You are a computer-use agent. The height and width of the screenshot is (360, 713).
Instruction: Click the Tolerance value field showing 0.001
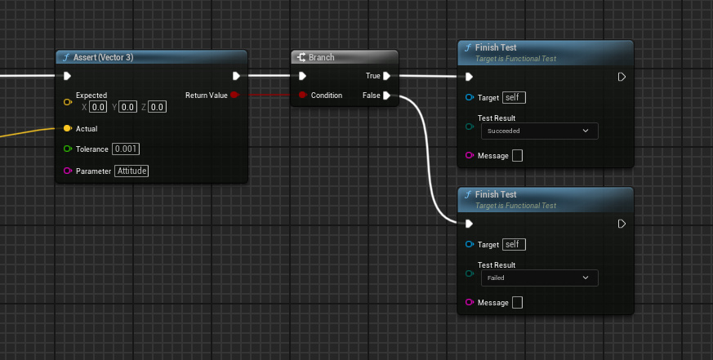click(127, 149)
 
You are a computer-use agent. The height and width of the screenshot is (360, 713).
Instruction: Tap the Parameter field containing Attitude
click(131, 171)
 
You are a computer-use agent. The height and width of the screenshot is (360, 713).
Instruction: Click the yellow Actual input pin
click(67, 128)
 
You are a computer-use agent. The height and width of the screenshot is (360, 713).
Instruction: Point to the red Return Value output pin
click(234, 96)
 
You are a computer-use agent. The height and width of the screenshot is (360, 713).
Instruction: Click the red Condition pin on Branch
click(302, 96)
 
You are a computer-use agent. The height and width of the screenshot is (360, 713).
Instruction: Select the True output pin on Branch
click(386, 76)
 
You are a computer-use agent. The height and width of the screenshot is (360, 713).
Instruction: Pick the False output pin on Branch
click(386, 96)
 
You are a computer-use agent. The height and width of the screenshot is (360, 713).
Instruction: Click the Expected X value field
click(98, 107)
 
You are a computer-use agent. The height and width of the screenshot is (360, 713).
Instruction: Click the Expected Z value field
click(158, 107)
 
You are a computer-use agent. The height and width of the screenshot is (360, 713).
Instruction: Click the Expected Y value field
click(128, 107)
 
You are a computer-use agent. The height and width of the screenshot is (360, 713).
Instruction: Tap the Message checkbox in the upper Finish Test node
click(516, 156)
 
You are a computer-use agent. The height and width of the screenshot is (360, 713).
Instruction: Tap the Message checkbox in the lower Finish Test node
click(516, 303)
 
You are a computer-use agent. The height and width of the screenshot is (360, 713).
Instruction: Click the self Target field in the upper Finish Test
click(514, 97)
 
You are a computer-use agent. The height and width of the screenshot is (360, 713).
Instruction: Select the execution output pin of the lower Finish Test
click(622, 224)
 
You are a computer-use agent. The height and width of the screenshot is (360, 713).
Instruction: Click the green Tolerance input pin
click(67, 149)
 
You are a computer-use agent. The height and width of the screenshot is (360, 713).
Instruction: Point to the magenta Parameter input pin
click(67, 171)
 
